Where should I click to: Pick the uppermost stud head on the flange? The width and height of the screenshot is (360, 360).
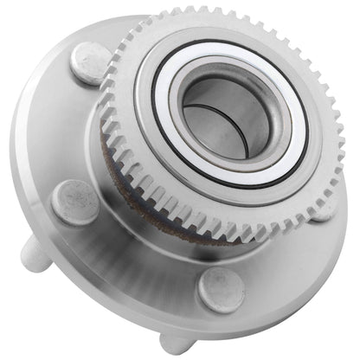[90, 63]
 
